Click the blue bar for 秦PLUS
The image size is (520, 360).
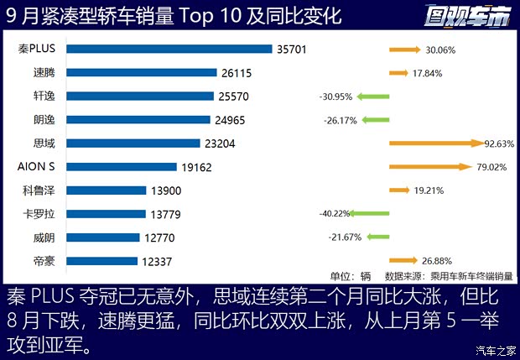[168, 50]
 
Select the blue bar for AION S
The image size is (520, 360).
[121, 167]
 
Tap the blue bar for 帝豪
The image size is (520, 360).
[101, 261]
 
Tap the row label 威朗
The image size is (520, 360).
[44, 237]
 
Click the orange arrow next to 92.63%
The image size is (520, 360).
[436, 143]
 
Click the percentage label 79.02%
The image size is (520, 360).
[493, 167]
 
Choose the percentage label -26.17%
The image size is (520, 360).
[340, 120]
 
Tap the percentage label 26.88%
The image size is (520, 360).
[439, 261]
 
